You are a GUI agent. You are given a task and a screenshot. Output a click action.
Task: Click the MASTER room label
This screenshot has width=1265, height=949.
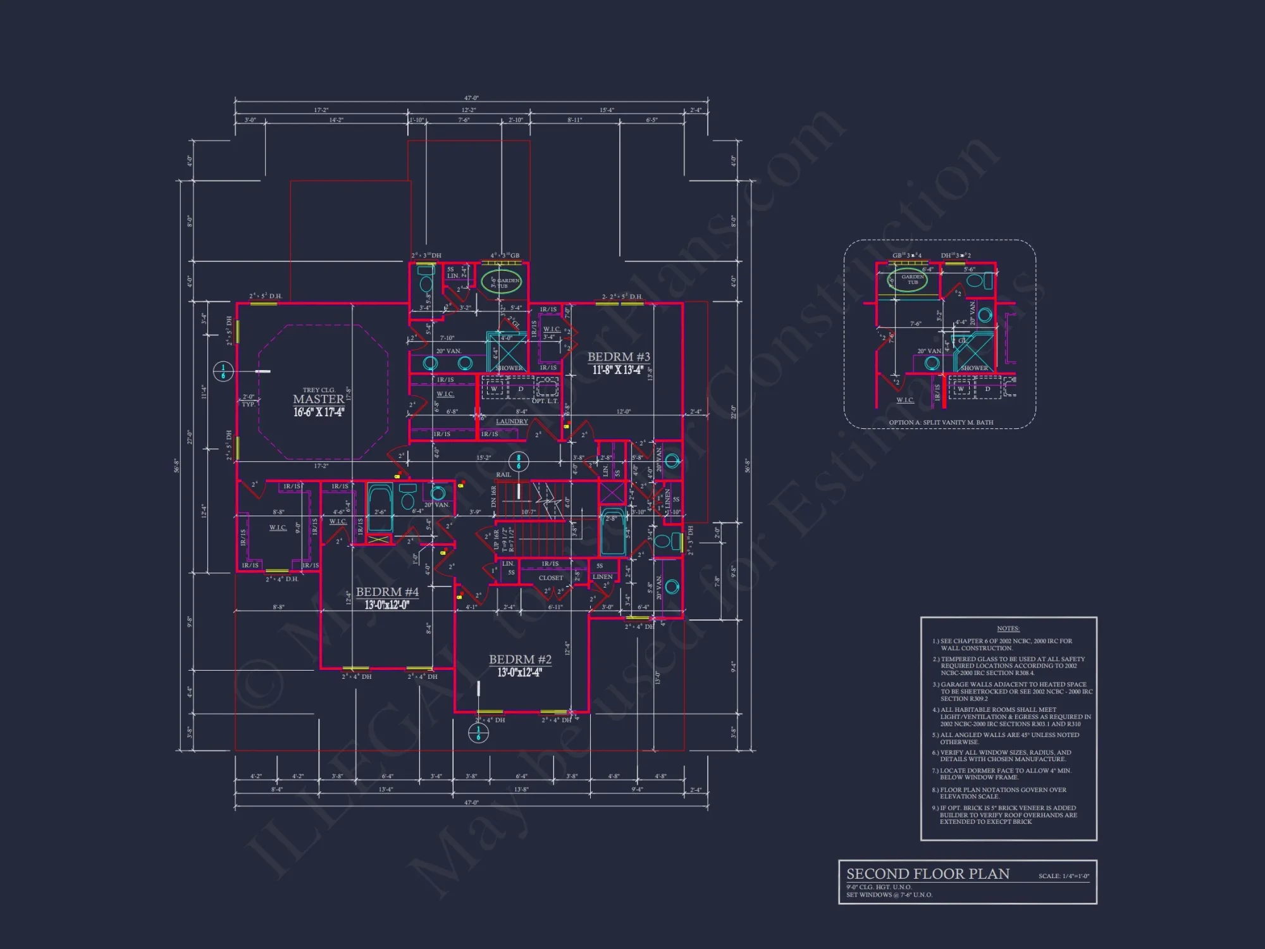point(318,399)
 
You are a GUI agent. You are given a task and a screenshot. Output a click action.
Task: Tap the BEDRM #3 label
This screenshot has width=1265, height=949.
point(618,357)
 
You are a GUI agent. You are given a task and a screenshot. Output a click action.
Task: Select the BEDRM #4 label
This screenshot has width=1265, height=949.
point(386,592)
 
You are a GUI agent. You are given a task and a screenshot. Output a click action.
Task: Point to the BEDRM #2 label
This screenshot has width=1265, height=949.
point(519,660)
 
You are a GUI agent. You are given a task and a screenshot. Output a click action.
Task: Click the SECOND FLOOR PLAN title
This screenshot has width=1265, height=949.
point(927,874)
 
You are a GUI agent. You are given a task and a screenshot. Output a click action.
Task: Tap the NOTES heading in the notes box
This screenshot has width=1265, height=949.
point(1008,628)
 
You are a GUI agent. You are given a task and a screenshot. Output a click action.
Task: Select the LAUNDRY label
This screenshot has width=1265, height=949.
point(511,421)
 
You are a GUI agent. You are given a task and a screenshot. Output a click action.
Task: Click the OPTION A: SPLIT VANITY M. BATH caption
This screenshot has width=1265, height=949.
point(941,422)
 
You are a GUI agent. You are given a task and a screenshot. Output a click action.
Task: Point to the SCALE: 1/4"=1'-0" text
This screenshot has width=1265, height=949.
point(1063,876)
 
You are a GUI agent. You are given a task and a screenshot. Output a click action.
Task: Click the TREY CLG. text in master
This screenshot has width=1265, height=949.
point(318,390)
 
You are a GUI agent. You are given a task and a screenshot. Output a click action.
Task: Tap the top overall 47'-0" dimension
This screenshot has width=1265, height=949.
point(471,98)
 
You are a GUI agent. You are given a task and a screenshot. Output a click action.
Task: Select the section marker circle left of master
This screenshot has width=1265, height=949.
point(223,371)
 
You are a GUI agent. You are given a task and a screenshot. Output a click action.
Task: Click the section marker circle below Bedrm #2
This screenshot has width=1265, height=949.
point(478,733)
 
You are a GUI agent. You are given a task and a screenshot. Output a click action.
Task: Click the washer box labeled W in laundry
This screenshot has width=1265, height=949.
point(494,388)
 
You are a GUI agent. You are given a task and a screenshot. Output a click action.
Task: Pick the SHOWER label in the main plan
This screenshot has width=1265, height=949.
point(509,368)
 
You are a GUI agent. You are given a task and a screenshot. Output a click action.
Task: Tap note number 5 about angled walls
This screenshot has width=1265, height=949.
point(1009,738)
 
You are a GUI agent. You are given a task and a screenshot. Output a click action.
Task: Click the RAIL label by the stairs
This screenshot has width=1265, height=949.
point(503,475)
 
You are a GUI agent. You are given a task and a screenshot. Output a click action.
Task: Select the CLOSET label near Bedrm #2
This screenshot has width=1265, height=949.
point(550,578)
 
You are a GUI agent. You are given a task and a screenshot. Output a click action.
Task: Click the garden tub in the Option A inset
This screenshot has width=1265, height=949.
point(911,279)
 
